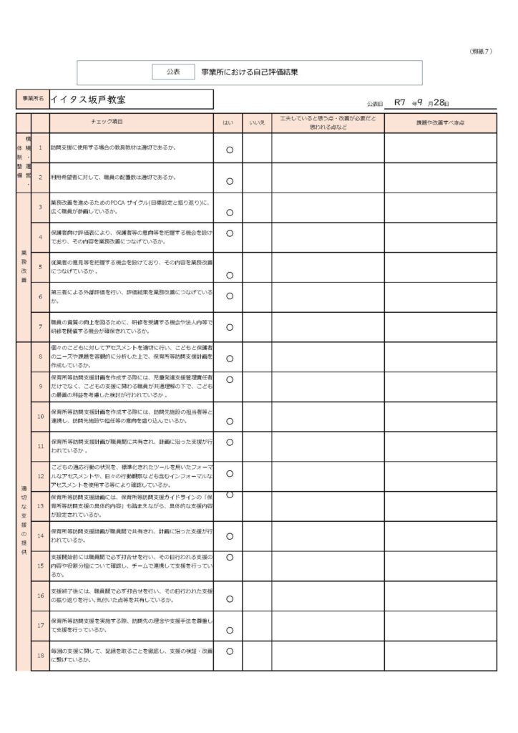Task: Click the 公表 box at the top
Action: click(x=174, y=72)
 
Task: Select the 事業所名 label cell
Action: click(x=33, y=99)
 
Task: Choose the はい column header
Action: click(x=228, y=123)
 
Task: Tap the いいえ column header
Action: click(x=257, y=123)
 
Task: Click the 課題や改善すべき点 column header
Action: click(x=440, y=123)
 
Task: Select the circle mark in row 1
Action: click(x=230, y=150)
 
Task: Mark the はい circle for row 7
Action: click(x=230, y=328)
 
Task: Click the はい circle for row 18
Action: click(x=230, y=651)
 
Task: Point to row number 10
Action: click(x=40, y=416)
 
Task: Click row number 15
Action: click(x=40, y=565)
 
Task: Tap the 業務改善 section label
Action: click(x=24, y=266)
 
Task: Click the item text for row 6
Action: click(x=132, y=297)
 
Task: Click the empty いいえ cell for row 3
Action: click(x=257, y=208)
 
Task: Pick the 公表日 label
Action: click(x=375, y=105)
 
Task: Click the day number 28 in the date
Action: click(x=439, y=102)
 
